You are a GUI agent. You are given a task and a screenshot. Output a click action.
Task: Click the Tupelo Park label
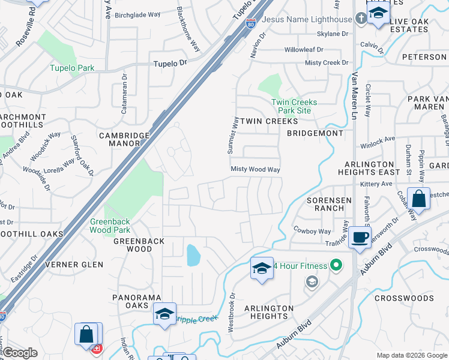coord(72,68)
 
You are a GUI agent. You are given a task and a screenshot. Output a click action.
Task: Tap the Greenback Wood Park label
coord(110,226)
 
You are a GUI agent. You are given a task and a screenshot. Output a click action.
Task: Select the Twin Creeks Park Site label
coord(294,106)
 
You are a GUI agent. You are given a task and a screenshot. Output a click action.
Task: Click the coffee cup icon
coord(360,237)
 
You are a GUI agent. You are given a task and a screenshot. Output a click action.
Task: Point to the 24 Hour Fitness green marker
coord(336,265)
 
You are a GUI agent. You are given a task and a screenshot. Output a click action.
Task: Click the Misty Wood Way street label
coord(256,170)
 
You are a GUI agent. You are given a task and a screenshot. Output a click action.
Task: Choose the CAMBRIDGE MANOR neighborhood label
coord(124,140)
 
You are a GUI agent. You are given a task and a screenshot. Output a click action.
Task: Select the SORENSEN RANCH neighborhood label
coord(326,204)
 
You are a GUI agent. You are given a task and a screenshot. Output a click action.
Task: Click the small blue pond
coord(193,256)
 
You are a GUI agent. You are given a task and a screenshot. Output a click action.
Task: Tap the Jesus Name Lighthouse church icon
coord(361,19)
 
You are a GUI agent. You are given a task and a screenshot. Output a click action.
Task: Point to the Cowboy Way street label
coord(312,231)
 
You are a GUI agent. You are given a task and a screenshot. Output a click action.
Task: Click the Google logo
coord(20,353)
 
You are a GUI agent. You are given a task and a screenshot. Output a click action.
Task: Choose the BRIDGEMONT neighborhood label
coord(315,133)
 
